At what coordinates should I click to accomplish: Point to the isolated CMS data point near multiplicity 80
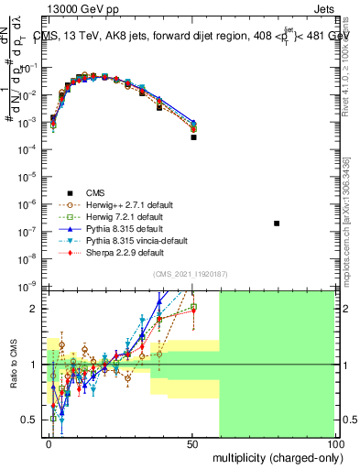click(x=278, y=224)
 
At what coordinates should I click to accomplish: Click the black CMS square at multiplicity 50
click(x=193, y=137)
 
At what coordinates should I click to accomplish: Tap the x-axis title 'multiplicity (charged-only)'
click(x=273, y=456)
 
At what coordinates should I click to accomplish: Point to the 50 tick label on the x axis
click(x=192, y=443)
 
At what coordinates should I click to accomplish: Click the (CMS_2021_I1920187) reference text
click(x=191, y=274)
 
